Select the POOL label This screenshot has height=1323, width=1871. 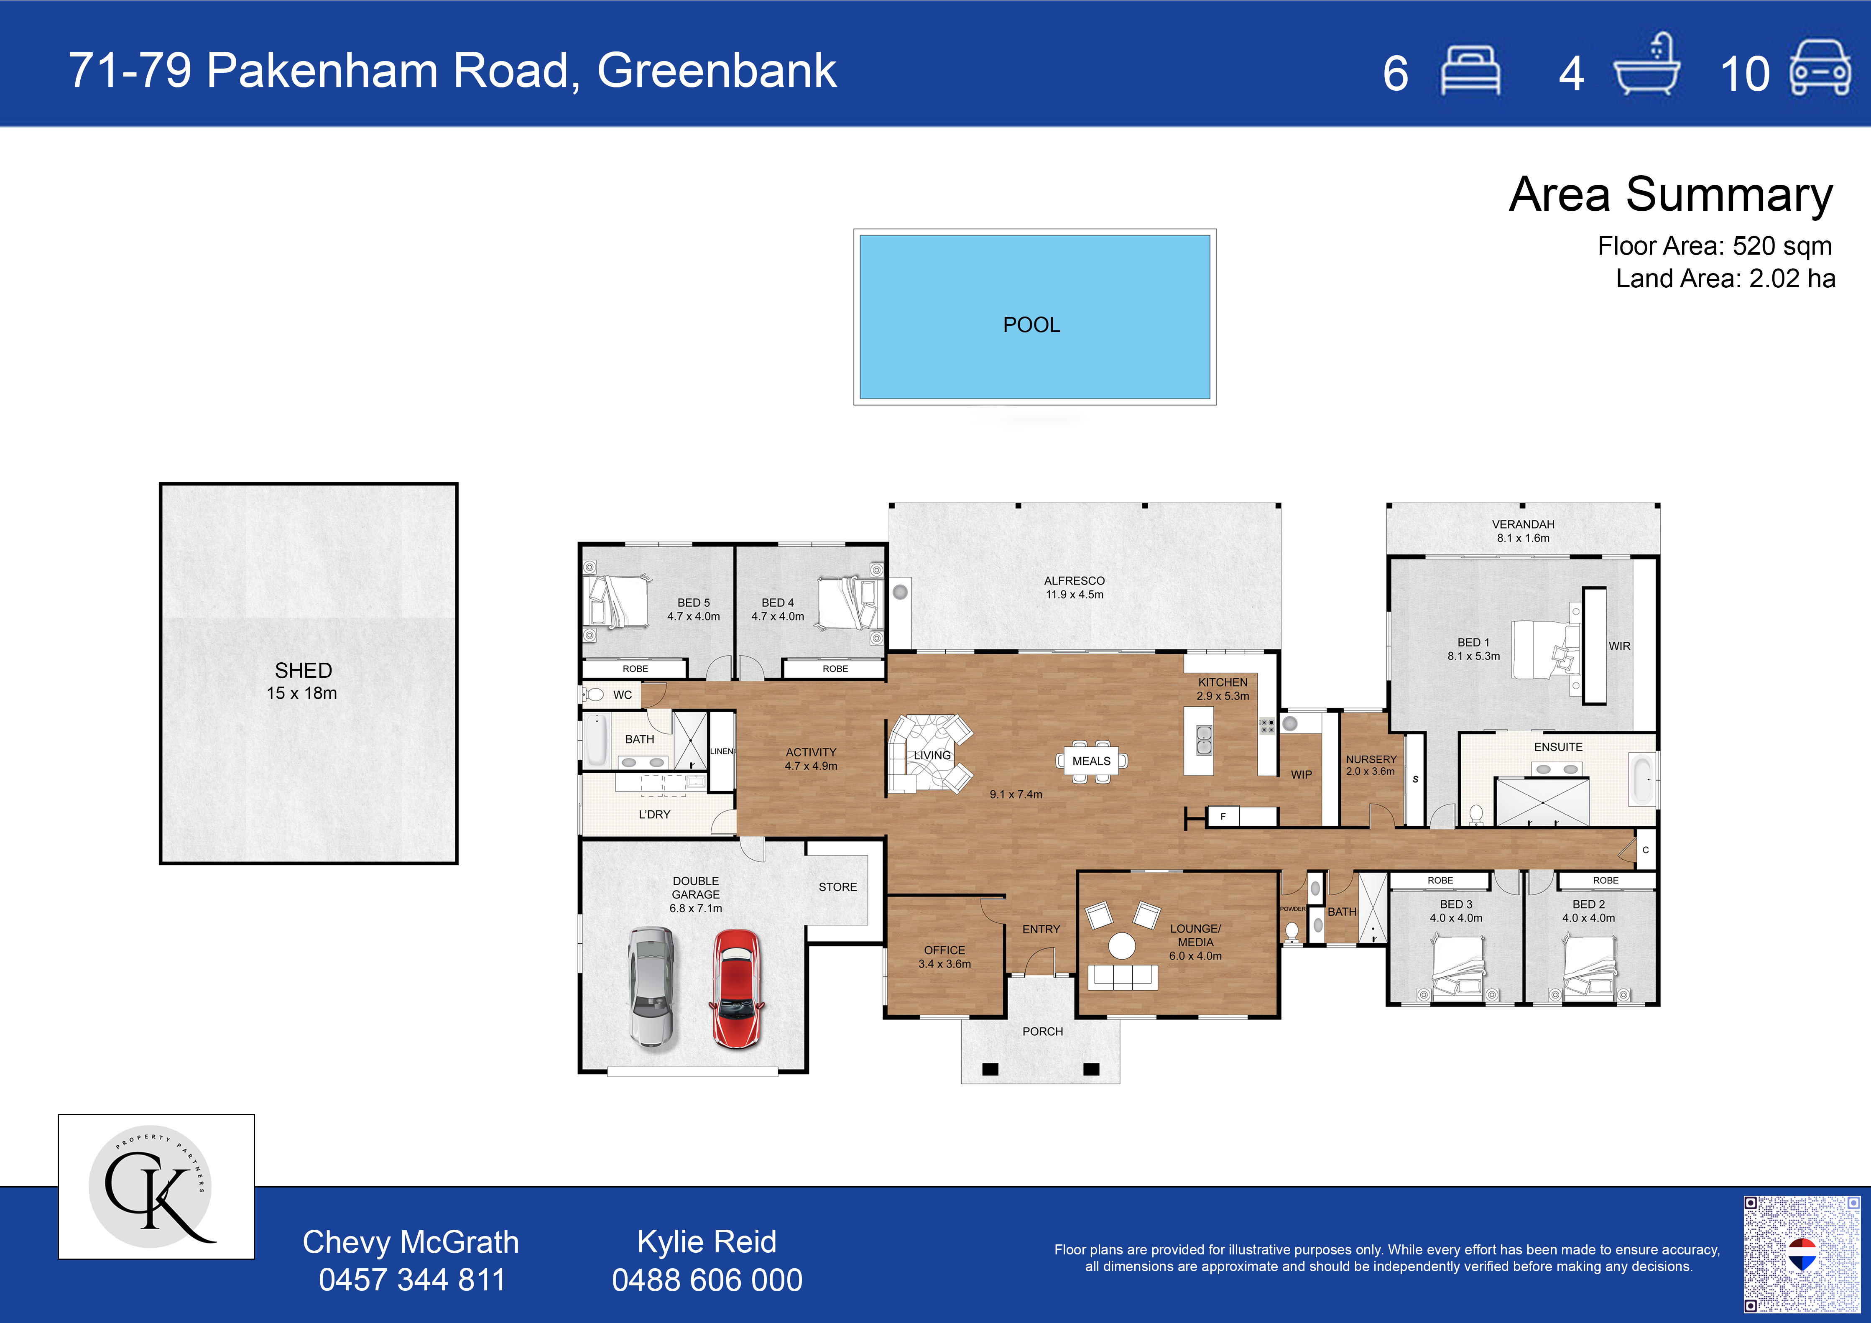pos(1031,325)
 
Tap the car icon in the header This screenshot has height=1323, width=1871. pos(1820,69)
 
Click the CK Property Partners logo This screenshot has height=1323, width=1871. pos(156,1186)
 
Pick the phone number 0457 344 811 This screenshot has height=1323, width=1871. pos(411,1280)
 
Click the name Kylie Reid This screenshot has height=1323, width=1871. pos(707,1241)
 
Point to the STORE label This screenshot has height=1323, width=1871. pos(838,887)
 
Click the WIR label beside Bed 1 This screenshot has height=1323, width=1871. pos(1619,646)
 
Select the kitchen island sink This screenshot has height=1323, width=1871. pos(1204,741)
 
